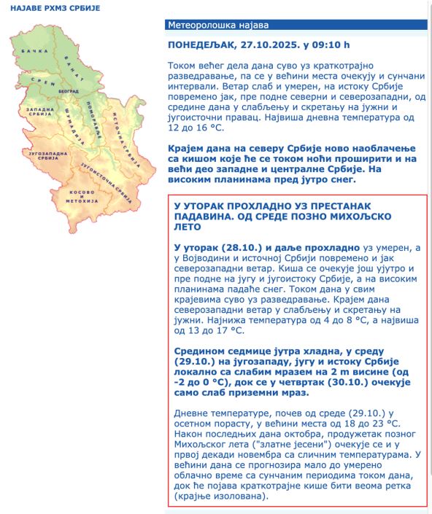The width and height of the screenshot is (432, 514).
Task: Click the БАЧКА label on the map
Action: (x=34, y=51)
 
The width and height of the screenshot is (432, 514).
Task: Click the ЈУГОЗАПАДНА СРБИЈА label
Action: (x=44, y=157)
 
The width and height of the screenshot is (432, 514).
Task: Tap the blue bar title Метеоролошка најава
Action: (x=208, y=25)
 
